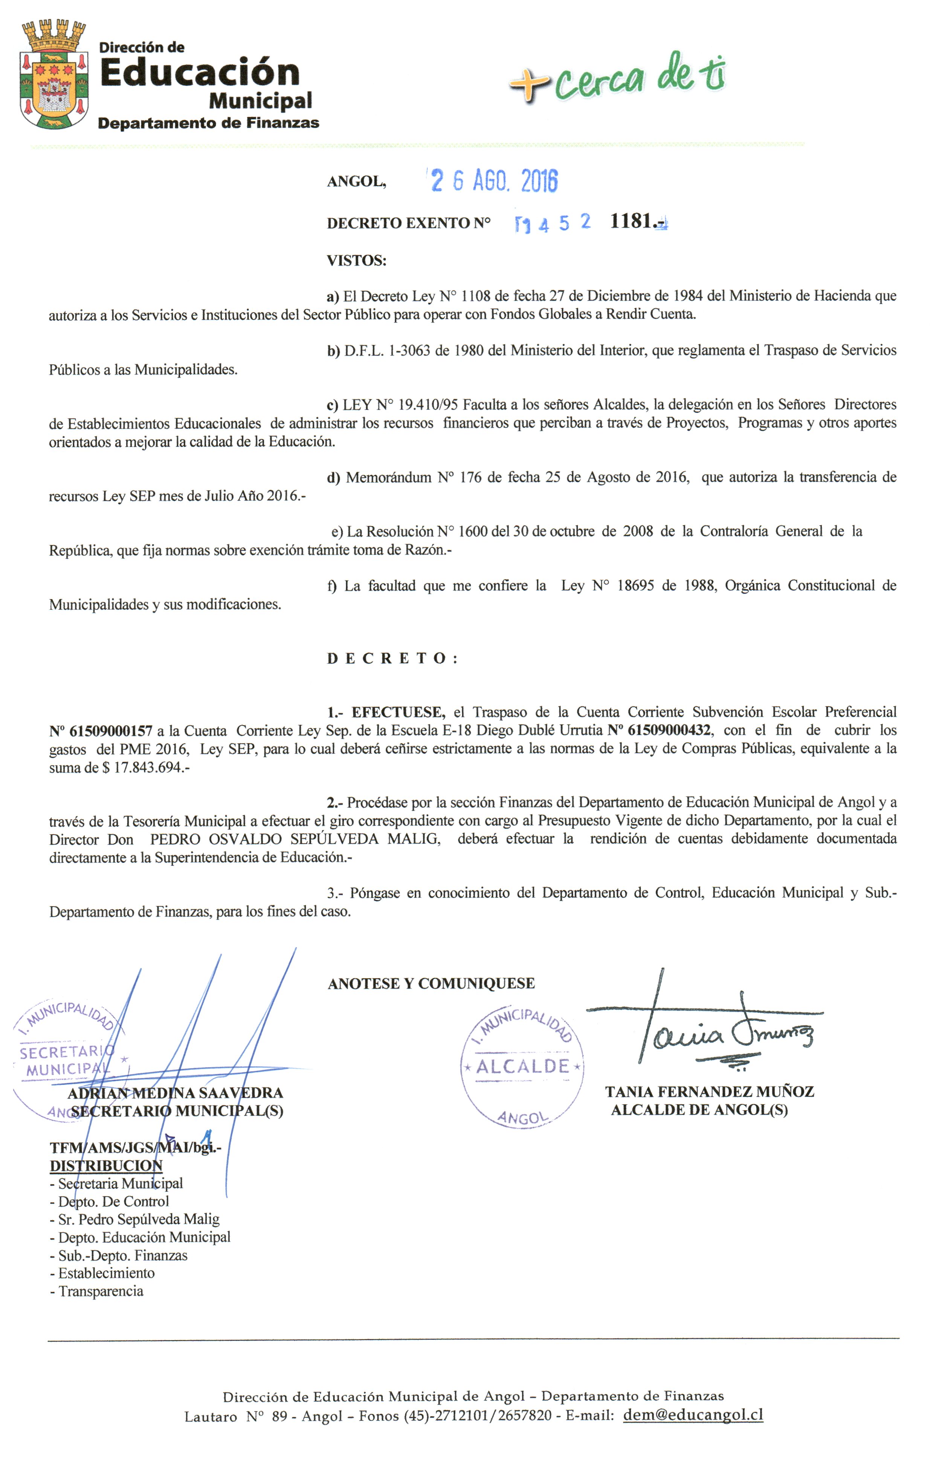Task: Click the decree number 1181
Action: pos(633,221)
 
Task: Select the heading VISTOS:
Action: pos(356,261)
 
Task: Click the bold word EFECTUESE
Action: pos(397,712)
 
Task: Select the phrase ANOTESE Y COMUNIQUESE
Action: pos(431,983)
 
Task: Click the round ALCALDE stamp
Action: pos(522,1067)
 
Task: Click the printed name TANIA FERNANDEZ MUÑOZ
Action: pos(710,1092)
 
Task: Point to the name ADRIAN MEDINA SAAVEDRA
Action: pos(175,1093)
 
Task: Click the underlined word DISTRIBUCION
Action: pos(106,1165)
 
